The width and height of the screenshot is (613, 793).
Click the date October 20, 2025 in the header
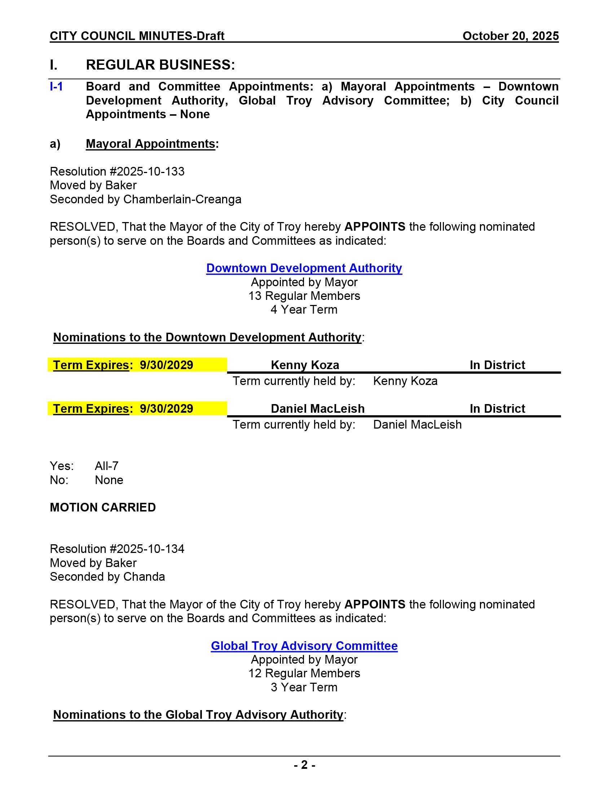tap(510, 36)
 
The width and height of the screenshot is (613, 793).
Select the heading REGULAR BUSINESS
tap(160, 65)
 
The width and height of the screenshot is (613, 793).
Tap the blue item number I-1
tap(56, 87)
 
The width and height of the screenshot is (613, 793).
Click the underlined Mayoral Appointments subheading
tap(150, 144)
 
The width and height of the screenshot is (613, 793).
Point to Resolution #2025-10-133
tap(117, 171)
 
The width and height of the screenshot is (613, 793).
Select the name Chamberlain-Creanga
tap(182, 199)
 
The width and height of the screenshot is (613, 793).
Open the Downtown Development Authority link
tap(304, 268)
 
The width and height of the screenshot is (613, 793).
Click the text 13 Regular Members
tap(304, 296)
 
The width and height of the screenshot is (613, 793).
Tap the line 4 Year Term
tap(304, 310)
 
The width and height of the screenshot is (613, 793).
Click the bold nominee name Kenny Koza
tap(305, 365)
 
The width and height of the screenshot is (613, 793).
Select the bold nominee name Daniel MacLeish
tap(317, 408)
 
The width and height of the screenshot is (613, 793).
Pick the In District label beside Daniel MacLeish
tap(497, 408)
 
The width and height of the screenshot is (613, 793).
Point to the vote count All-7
tap(106, 466)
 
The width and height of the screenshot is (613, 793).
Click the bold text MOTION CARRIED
tap(103, 507)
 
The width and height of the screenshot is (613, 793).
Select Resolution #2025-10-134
tap(117, 549)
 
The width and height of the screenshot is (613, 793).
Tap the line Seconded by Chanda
tap(107, 577)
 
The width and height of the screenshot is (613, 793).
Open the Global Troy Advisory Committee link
tap(304, 646)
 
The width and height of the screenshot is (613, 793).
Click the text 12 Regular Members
tap(304, 673)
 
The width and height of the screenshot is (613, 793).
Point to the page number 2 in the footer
tap(304, 765)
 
